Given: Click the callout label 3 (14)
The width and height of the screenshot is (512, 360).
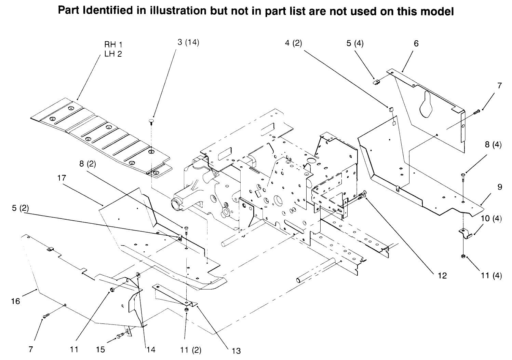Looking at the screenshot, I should [188, 43].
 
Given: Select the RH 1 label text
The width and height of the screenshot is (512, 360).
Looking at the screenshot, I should [113, 45].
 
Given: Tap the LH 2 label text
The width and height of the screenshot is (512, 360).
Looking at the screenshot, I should [113, 54].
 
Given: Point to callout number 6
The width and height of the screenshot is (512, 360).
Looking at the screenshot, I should [416, 43].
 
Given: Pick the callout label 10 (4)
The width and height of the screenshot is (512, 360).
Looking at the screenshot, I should [491, 219].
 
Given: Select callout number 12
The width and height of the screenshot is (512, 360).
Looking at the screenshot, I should [442, 275].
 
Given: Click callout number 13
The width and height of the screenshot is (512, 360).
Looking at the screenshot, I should [236, 350].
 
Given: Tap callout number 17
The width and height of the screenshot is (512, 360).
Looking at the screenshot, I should [62, 178].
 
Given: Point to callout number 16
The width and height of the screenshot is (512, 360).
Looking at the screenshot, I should [16, 301].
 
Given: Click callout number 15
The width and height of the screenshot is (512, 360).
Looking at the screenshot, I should [100, 349].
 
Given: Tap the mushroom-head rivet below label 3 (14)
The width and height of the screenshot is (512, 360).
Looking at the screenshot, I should [151, 122].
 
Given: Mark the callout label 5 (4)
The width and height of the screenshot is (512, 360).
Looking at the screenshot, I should [355, 43].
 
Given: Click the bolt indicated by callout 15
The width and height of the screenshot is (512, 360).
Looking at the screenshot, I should [121, 336].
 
